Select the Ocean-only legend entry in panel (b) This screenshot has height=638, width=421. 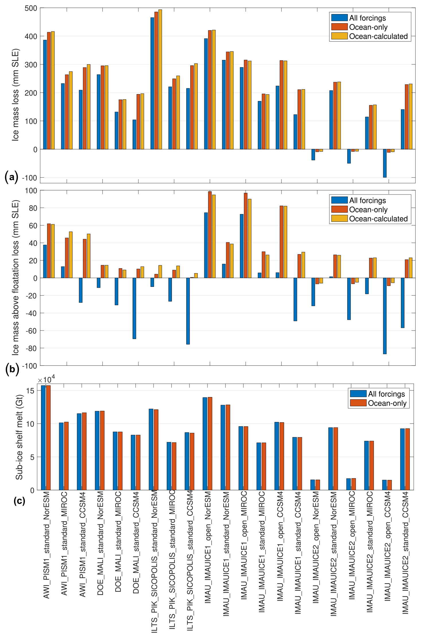(x=368, y=210)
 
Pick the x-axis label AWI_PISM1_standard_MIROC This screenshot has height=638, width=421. (x=64, y=543)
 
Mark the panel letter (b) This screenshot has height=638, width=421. (x=12, y=369)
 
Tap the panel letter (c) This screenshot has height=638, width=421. (x=19, y=501)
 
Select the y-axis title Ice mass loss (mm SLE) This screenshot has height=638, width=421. (x=15, y=95)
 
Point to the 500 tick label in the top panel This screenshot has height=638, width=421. (x=31, y=8)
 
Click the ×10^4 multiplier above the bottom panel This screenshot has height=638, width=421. (x=46, y=380)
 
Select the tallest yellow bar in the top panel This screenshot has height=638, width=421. (x=160, y=79)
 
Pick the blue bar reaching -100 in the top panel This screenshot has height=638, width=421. (x=385, y=163)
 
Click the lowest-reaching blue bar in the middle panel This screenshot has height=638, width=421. (x=385, y=316)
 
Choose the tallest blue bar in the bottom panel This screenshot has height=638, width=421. (x=43, y=437)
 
